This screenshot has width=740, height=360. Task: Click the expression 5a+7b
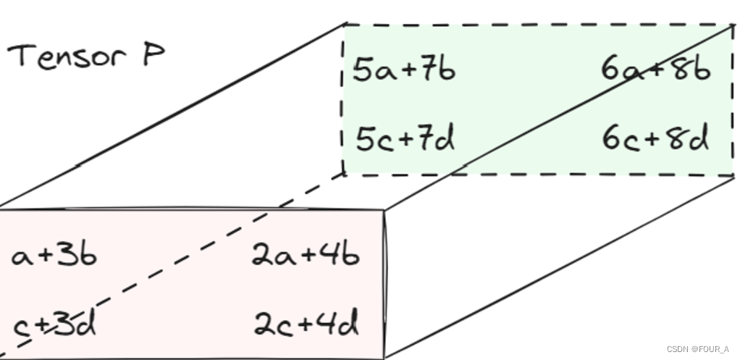coord(403,70)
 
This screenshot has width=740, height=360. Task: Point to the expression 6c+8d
coord(655,138)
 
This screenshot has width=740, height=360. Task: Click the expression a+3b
coord(54,256)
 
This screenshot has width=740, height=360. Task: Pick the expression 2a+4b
coord(305,255)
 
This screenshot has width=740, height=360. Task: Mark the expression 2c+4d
coord(306,325)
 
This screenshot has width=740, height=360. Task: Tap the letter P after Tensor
coord(153,55)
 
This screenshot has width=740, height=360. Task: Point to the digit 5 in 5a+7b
coord(362,70)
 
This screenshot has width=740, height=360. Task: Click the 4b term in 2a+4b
coord(342,255)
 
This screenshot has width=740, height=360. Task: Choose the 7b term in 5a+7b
coord(439,70)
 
